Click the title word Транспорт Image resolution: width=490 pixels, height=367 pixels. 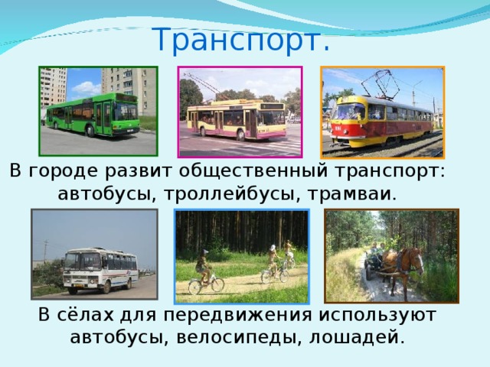241,40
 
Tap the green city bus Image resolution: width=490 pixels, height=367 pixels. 93,115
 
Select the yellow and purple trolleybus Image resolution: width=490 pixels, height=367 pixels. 237,119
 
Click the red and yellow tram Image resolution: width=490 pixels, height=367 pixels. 383,122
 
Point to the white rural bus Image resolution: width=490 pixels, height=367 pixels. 100,270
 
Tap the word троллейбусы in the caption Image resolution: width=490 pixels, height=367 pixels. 229,194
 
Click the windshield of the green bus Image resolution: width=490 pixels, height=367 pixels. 126,112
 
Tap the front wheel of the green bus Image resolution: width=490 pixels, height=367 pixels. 90,131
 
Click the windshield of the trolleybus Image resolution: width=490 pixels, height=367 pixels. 272,118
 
